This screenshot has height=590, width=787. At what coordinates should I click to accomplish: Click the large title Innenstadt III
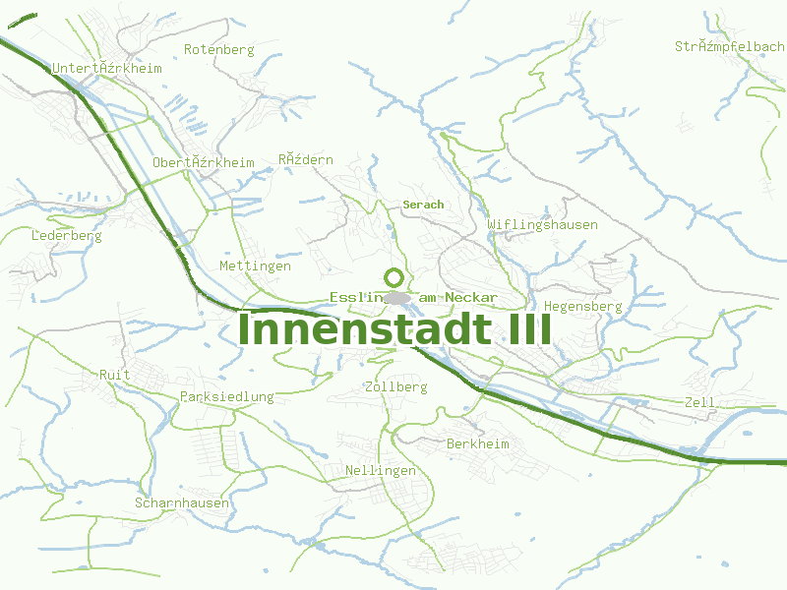[394, 328]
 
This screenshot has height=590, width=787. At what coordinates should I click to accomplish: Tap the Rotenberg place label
[218, 49]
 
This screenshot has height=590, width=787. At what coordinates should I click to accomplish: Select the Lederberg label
[67, 236]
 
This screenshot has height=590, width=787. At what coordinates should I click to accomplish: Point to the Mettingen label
[255, 266]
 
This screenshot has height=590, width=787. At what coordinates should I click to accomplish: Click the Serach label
[423, 205]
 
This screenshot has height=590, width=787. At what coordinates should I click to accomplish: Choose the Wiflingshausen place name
[542, 225]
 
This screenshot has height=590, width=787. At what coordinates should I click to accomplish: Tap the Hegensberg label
[582, 307]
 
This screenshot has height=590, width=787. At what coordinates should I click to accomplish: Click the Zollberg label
[395, 387]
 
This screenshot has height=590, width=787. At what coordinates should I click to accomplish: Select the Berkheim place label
[478, 444]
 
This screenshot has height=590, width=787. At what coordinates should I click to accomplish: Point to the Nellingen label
[381, 471]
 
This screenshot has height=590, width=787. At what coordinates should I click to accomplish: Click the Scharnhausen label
[182, 503]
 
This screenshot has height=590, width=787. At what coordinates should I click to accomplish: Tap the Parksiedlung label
[227, 397]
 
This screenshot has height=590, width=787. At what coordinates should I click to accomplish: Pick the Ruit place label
[115, 375]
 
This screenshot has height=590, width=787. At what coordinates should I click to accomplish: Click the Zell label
[699, 403]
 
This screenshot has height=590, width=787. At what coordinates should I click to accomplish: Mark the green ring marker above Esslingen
[394, 277]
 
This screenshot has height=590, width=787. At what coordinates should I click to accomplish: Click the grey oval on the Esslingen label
[397, 297]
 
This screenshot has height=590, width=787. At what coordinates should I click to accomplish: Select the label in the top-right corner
[729, 46]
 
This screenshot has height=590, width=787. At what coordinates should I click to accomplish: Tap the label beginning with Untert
[93, 68]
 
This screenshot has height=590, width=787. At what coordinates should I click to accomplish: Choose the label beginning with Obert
[203, 162]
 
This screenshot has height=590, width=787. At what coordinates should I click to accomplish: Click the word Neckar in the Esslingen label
[470, 297]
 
